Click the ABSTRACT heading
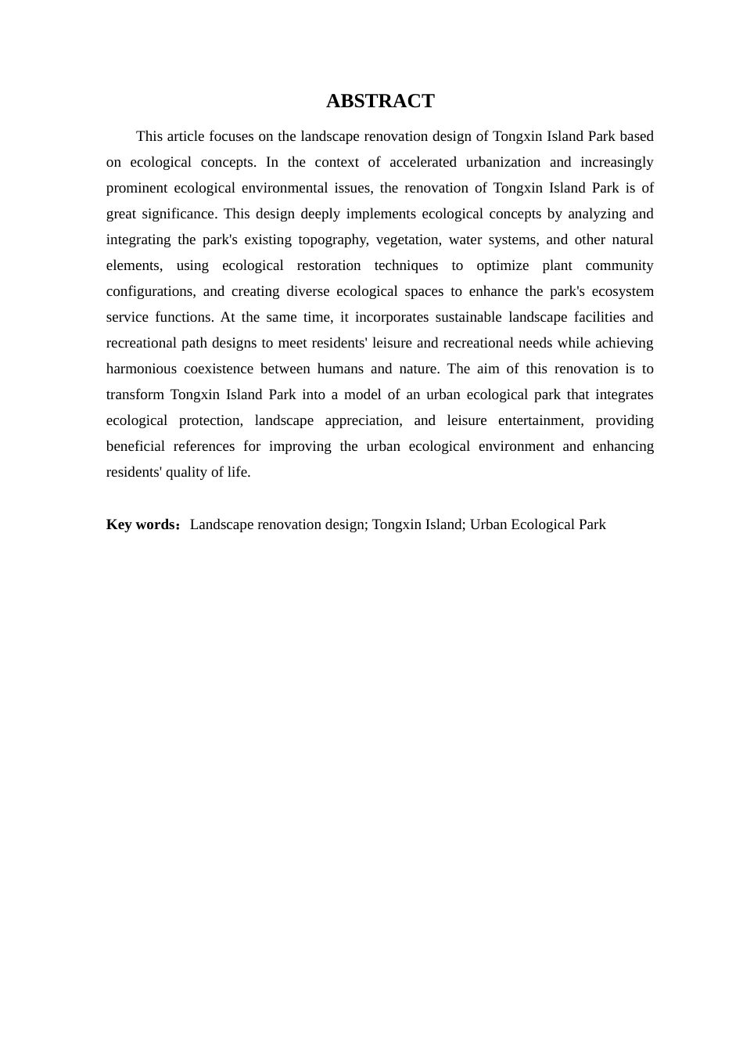(380, 101)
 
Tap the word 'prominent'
(136, 188)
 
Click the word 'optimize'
(503, 265)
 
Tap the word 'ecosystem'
(623, 291)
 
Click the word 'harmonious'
(141, 369)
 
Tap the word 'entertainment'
(540, 420)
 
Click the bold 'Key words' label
(142, 524)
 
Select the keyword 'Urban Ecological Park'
(538, 524)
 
